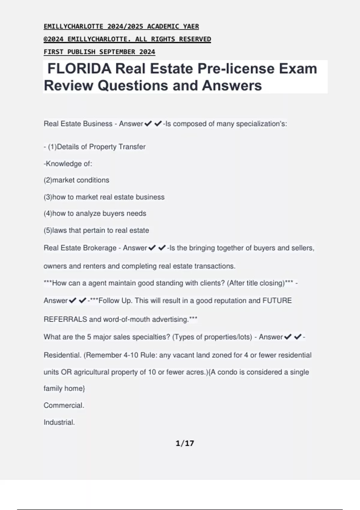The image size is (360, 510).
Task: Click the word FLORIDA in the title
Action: [x=79, y=69]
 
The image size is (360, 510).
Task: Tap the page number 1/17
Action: [x=185, y=443]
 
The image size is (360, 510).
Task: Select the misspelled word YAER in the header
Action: [x=191, y=26]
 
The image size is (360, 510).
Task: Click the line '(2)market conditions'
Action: [x=76, y=180]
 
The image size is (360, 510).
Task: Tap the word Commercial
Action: [x=64, y=405]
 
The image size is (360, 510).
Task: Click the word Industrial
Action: [x=59, y=422]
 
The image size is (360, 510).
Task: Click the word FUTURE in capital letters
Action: [x=277, y=301]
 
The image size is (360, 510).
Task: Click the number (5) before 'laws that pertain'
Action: [x=48, y=230]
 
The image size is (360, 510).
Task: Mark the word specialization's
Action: [x=261, y=124]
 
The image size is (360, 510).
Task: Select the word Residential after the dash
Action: [x=62, y=355]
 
